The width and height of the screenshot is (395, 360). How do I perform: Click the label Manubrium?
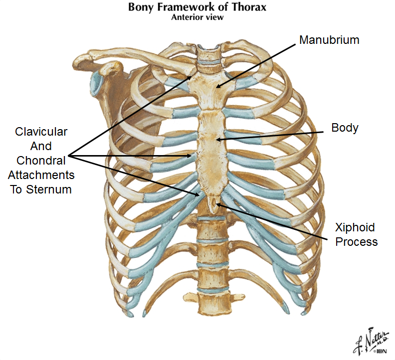[329, 40]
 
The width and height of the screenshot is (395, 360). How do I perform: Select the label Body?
[345, 128]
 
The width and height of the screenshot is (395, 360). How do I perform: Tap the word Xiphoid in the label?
[355, 228]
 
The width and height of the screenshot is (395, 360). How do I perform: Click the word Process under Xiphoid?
[356, 242]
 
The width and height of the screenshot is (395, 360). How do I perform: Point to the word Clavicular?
[41, 132]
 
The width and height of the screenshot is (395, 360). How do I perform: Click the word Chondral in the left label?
[41, 161]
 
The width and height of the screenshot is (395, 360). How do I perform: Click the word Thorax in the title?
[248, 7]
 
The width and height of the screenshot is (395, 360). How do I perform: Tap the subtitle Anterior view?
[197, 17]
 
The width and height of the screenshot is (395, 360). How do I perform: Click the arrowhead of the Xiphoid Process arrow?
[216, 203]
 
